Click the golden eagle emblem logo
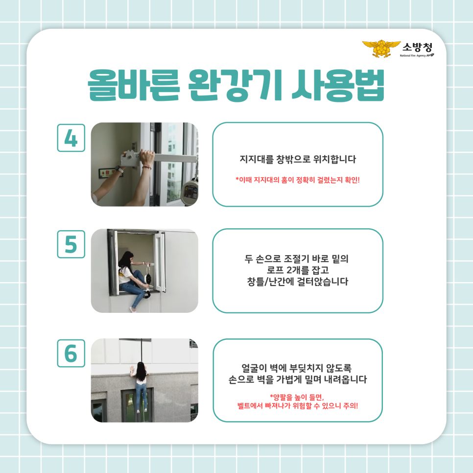coord(381,48)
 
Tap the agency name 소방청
coord(418,47)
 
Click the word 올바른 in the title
coord(134,85)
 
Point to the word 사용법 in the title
coord(338,85)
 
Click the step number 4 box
coord(71,138)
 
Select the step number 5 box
coord(71,244)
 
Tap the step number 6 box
coord(71,353)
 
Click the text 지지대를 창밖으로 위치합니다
coord(298,159)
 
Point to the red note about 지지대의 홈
coord(298,180)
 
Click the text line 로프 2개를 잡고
coord(298,270)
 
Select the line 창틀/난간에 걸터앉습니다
coord(298,282)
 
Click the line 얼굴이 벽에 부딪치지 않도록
coord(297,368)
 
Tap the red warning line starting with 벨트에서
coord(298,406)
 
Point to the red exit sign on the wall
coord(110,172)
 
